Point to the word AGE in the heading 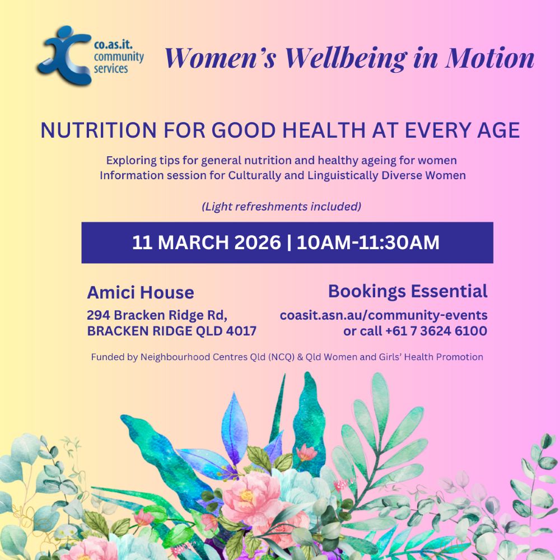point(498,131)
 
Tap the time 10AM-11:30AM point(368,242)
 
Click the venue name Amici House point(141,292)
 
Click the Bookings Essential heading point(408,291)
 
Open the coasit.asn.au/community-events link point(384,315)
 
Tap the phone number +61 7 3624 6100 point(436,331)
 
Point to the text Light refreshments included point(281,207)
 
